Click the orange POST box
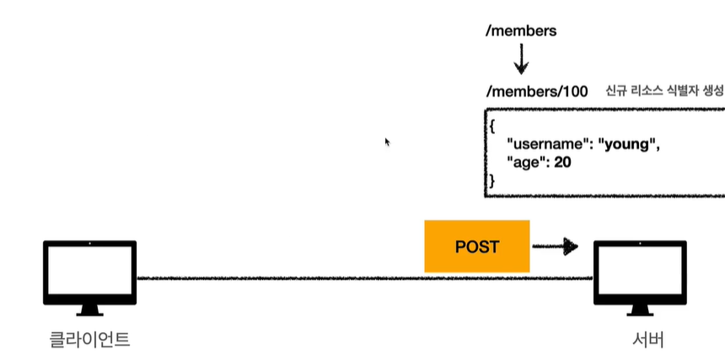(x=476, y=246)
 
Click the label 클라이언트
(x=89, y=340)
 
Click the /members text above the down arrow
(x=521, y=31)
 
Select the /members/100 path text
(x=536, y=92)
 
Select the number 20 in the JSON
(x=562, y=162)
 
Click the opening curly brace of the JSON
(x=491, y=126)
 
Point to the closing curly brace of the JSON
(x=491, y=180)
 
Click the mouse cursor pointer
(x=388, y=142)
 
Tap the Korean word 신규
(x=616, y=91)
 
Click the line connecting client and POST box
(x=278, y=277)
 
